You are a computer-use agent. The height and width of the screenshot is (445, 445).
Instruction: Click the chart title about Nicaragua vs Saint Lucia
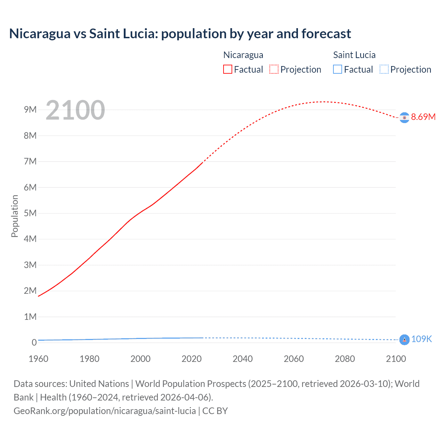coord(180,34)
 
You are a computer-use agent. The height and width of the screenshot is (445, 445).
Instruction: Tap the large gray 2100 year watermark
coord(75,110)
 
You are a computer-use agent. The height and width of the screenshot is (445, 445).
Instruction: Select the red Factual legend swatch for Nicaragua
coord(227,70)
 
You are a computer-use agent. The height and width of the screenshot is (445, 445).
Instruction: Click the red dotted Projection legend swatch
coord(274,70)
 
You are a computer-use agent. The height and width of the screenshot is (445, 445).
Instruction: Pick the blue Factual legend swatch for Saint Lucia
coord(337,70)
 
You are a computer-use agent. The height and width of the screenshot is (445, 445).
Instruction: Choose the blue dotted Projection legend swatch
coord(384,70)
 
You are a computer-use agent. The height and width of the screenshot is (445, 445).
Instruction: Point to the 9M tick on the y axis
coord(30,110)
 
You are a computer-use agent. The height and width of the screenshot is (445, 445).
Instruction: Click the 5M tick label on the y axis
coord(30,213)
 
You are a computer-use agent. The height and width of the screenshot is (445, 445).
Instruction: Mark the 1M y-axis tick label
coord(30,317)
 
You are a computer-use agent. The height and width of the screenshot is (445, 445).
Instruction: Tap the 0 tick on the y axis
coord(34,342)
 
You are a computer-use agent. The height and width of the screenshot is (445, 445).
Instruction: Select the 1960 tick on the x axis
coord(38,359)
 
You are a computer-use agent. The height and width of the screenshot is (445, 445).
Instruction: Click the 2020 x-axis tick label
coord(192,359)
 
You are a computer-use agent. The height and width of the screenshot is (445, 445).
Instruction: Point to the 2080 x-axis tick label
coord(345,359)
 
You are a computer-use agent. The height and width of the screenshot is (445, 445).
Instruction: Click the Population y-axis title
coord(15,216)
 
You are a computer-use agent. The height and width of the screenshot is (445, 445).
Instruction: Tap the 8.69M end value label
coord(423,117)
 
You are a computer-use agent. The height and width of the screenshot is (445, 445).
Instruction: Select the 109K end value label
coord(421,339)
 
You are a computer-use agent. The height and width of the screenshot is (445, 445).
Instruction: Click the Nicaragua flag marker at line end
coord(404,118)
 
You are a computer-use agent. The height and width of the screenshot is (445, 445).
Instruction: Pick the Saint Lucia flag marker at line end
coord(404,340)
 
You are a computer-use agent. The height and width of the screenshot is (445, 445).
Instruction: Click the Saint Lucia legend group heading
coord(354,55)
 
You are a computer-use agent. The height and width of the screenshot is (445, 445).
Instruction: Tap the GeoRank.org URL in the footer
coord(105,411)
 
